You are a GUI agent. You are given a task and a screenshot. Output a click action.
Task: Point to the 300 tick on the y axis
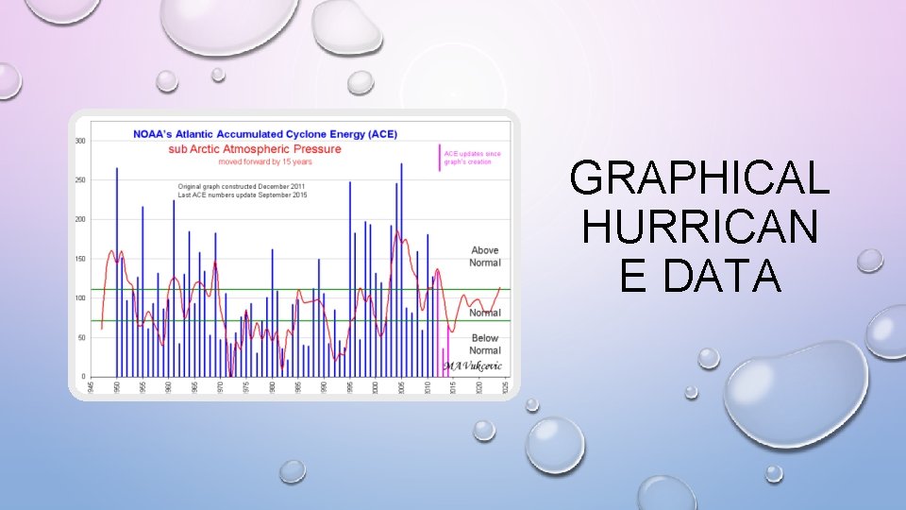80,141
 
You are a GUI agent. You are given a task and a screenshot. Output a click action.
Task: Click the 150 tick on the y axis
80,259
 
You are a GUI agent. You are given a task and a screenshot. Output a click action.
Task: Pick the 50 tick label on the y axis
82,337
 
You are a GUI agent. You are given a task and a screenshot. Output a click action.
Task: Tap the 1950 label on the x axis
117,387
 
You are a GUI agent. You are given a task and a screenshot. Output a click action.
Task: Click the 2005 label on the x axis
401,387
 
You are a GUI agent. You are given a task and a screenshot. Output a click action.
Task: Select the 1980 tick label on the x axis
272,387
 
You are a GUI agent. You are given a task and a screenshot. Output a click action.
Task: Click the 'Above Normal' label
485,256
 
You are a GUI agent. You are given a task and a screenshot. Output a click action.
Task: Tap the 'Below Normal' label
485,344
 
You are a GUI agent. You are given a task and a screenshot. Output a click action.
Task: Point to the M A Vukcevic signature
474,366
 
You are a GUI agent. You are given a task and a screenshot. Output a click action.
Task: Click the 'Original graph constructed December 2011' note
242,186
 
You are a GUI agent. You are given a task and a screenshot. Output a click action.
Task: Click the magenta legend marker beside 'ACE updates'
440,158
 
